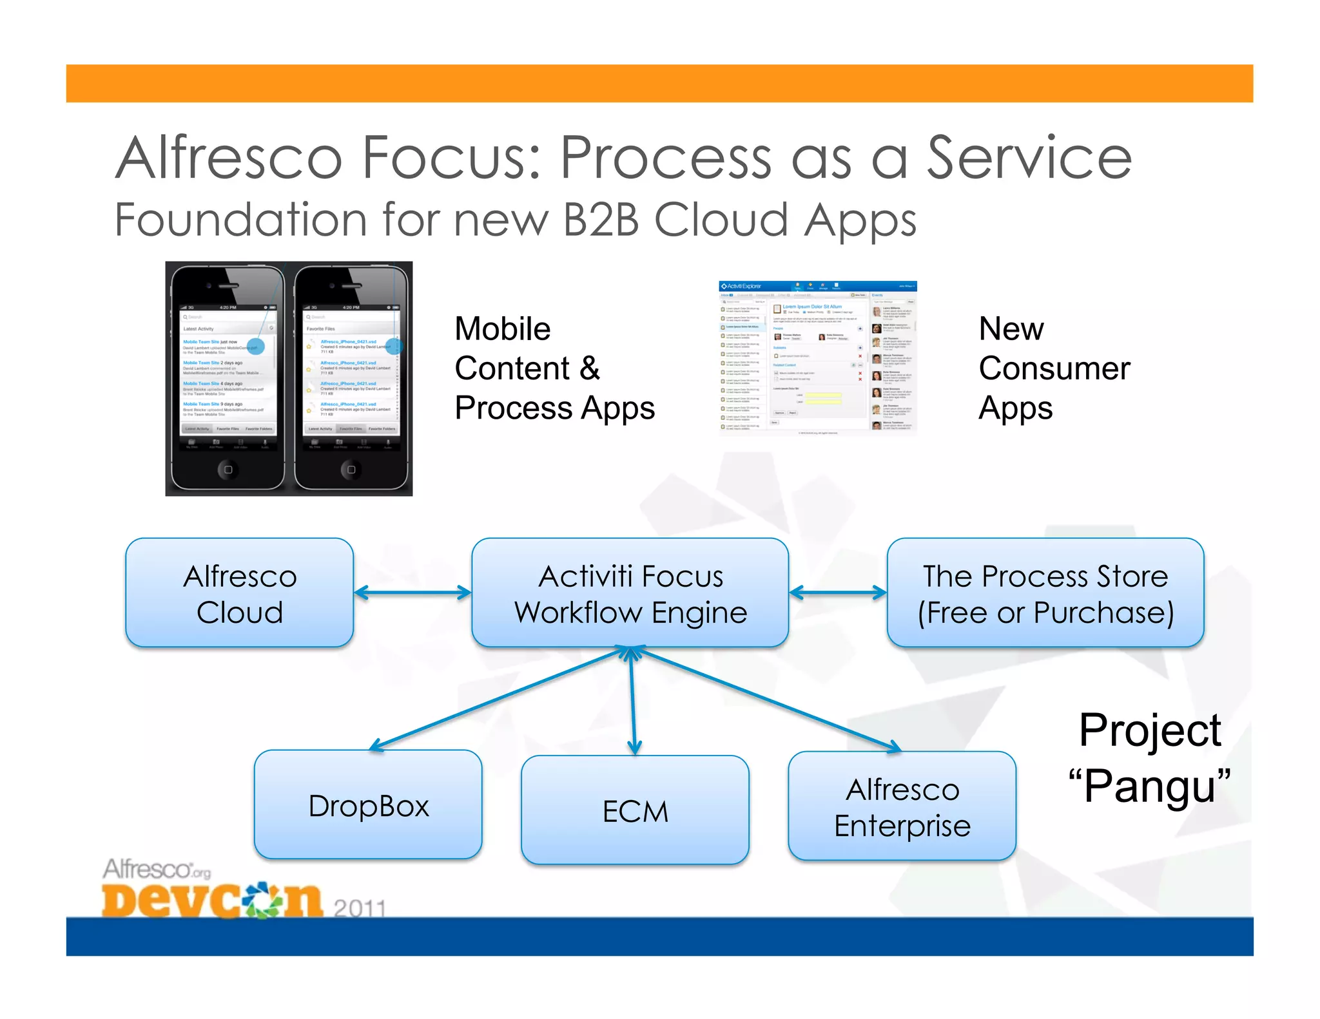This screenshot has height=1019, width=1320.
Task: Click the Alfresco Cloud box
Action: point(239,593)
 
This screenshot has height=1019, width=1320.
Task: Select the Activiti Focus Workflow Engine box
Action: point(630,593)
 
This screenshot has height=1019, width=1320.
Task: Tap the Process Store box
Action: point(1045,593)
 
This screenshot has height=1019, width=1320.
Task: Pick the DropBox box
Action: point(368,805)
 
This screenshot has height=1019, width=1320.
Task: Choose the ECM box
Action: point(635,810)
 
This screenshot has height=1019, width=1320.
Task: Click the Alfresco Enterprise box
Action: point(902,806)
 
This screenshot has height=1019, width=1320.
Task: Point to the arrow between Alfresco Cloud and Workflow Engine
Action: point(412,593)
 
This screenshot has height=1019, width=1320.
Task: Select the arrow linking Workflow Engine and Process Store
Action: point(837,593)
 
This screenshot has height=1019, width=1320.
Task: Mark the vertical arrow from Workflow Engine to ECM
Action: point(632,702)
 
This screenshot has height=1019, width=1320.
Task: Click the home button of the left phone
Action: point(228,470)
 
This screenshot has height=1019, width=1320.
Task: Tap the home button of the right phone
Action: point(351,470)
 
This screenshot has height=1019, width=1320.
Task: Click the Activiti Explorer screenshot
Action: point(817,358)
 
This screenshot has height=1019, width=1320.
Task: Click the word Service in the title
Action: point(1029,158)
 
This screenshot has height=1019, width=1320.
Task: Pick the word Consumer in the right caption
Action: point(1054,368)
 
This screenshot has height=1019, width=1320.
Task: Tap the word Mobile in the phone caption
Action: point(503,329)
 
